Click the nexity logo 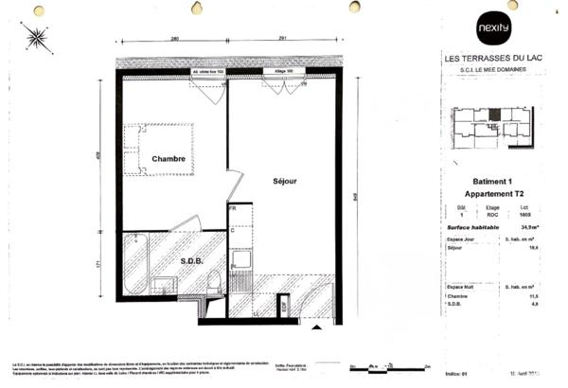coord(493,26)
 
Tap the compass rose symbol coord(37,37)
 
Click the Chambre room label coord(169,159)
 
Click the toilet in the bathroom coord(214,281)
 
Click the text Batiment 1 coord(491,182)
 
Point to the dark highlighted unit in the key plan coord(492,115)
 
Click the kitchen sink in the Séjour coord(240,257)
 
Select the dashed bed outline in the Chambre coord(163,149)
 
